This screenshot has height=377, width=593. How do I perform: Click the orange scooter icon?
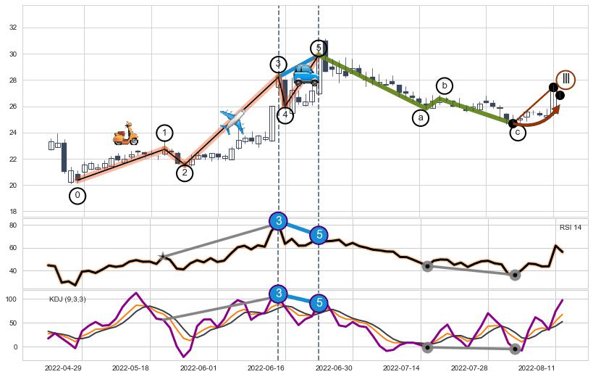[125, 134]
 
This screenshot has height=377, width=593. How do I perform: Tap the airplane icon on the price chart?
[232, 121]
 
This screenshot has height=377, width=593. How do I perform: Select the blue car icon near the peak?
[306, 75]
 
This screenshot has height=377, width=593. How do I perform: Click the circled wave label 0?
[77, 196]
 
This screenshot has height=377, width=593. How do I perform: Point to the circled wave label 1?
[165, 133]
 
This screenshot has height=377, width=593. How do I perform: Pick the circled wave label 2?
[185, 173]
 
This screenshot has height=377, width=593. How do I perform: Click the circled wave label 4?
[285, 115]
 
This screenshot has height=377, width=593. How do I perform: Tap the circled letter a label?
[421, 117]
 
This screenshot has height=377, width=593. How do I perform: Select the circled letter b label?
[444, 86]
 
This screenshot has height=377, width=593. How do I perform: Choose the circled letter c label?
[518, 133]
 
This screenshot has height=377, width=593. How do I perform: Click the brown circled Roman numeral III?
[566, 79]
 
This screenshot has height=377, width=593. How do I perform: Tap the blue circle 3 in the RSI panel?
[278, 221]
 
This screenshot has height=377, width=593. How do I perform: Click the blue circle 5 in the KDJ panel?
[319, 303]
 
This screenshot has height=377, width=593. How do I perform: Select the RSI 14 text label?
[570, 228]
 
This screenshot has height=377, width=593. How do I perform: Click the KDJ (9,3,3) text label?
[67, 299]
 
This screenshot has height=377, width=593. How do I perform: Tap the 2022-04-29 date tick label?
[62, 368]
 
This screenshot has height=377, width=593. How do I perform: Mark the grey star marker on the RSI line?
[164, 256]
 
